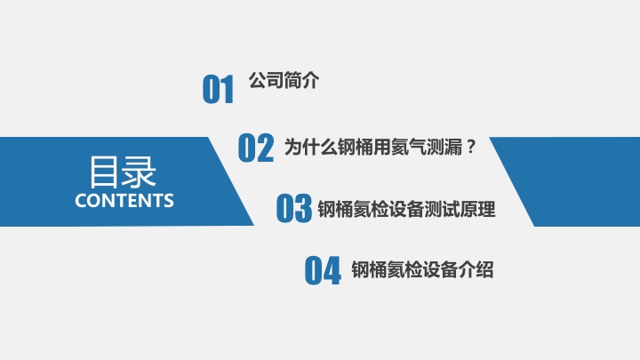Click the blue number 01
click(218, 89)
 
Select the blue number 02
click(255, 148)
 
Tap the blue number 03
click(294, 208)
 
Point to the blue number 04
click(323, 270)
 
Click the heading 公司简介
click(284, 80)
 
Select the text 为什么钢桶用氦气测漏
click(373, 147)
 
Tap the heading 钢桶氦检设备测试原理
click(406, 209)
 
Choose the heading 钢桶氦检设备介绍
click(422, 269)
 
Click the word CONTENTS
click(124, 200)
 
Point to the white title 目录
click(123, 172)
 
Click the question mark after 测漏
click(470, 146)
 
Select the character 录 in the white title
click(139, 172)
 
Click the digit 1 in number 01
click(228, 89)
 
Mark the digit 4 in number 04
click(332, 270)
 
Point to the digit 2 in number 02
click(265, 148)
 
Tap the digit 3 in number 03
click(303, 208)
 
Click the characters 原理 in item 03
click(477, 209)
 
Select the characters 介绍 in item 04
click(476, 269)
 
